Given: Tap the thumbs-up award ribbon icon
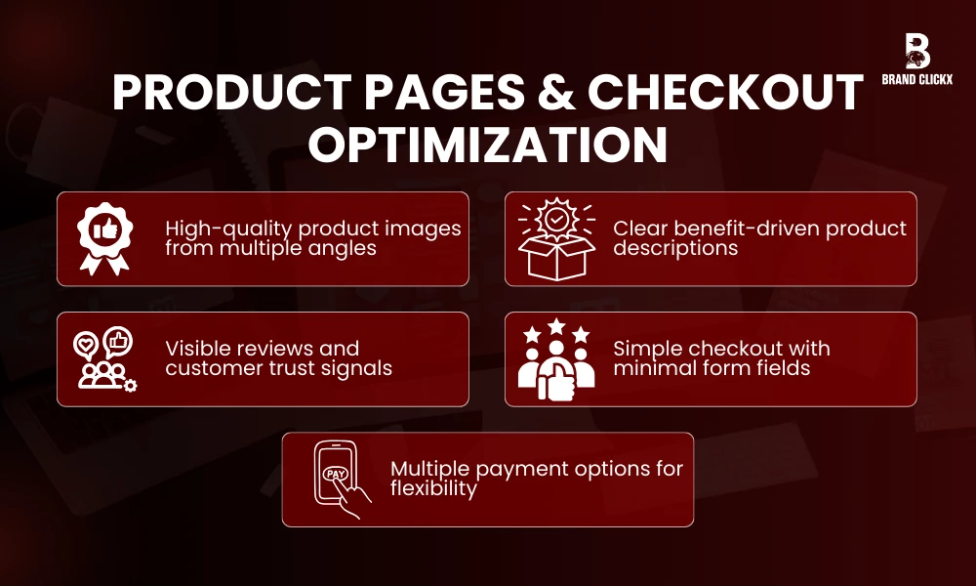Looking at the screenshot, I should click(105, 238).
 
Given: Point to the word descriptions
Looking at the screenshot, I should click(675, 248).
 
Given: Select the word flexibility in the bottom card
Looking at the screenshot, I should click(433, 488).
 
